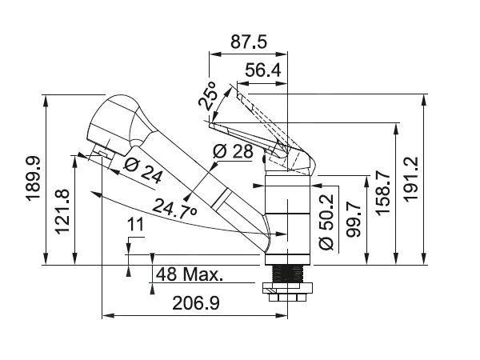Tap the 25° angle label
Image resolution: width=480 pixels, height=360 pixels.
point(207,98)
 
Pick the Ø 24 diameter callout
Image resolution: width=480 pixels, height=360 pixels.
point(144,169)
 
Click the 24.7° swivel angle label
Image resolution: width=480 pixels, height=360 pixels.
point(174,210)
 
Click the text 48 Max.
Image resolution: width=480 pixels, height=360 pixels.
point(190,274)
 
